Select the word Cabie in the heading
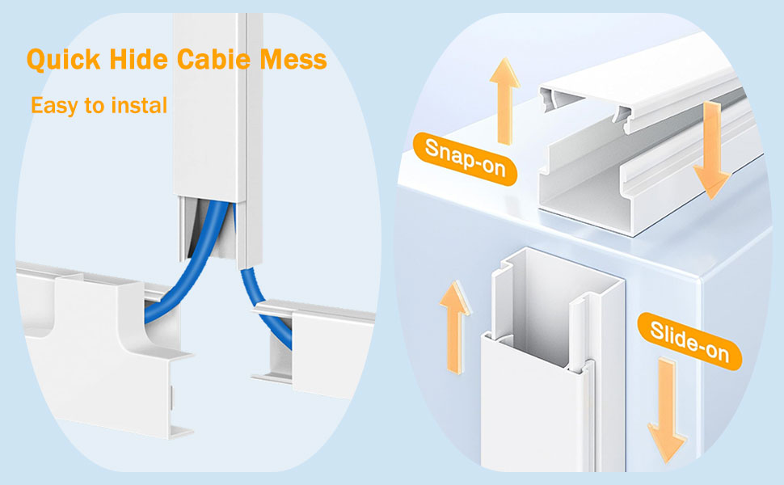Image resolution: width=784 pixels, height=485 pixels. (213, 59)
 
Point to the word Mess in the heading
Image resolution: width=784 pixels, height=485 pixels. (293, 60)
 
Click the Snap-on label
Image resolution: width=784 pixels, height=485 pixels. (465, 158)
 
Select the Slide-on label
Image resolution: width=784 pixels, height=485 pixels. (689, 341)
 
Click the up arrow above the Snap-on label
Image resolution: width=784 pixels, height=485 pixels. (505, 101)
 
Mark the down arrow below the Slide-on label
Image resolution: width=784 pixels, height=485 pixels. (668, 410)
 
